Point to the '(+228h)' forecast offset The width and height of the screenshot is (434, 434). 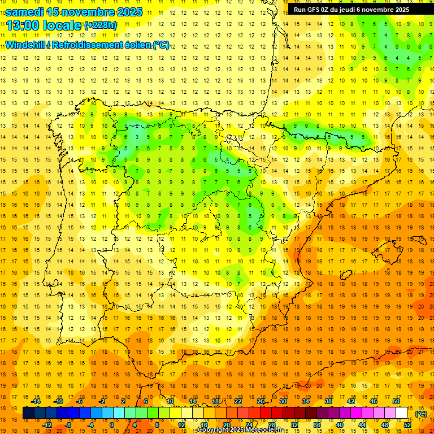(101, 25)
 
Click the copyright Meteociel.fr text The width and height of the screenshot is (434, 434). (240, 430)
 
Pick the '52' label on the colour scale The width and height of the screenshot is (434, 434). (407, 424)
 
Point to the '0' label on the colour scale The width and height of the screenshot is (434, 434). (112, 424)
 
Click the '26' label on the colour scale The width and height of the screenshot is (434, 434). (261, 401)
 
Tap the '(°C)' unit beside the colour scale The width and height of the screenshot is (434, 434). (421, 414)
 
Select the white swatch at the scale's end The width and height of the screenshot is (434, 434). (402, 413)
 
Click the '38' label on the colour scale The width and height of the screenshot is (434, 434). (328, 401)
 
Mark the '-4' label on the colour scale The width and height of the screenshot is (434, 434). (90, 424)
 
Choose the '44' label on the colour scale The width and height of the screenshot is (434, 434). (362, 424)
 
